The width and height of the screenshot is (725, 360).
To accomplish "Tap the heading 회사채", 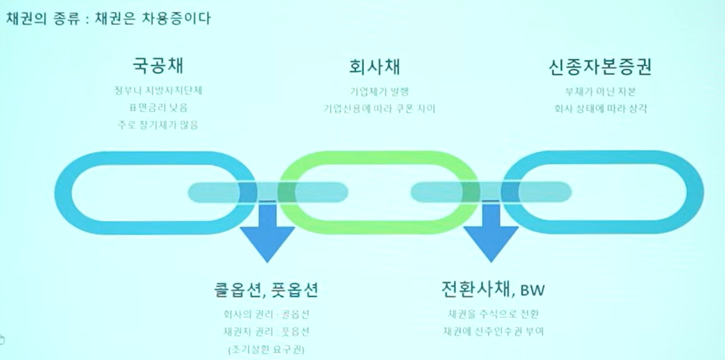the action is coord(379,66).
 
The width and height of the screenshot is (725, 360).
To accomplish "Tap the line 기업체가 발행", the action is coord(379,92).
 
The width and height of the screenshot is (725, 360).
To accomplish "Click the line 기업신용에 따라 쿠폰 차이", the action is coord(379,109).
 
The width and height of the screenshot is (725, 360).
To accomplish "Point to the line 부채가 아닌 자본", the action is coord(601,92).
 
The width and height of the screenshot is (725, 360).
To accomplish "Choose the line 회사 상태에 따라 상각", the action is coord(601,109).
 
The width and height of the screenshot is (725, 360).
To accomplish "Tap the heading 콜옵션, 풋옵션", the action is coord(267,290).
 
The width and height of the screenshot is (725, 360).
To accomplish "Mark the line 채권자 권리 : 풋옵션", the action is coord(267,332).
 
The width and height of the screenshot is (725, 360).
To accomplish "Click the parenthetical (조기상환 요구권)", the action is coord(267,349).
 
